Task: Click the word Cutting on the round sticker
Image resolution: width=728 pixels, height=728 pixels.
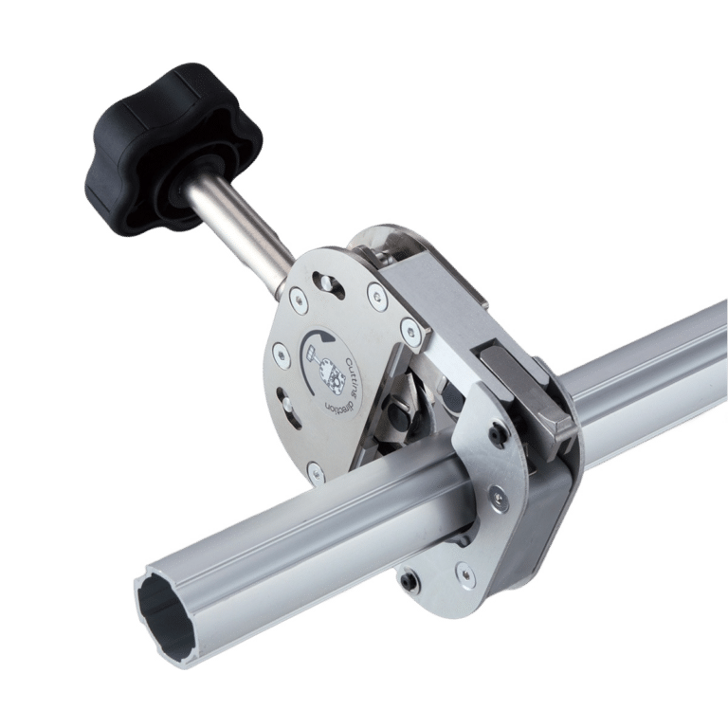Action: pyautogui.click(x=351, y=374)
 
